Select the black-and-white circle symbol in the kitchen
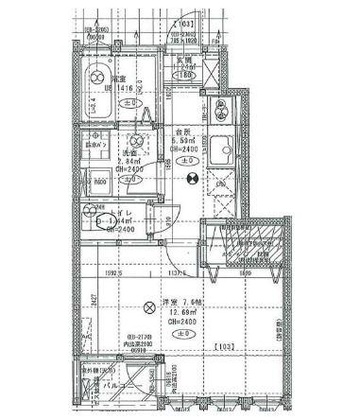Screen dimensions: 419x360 [192, 175]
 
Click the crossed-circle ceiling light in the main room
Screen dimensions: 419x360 [148, 306]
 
